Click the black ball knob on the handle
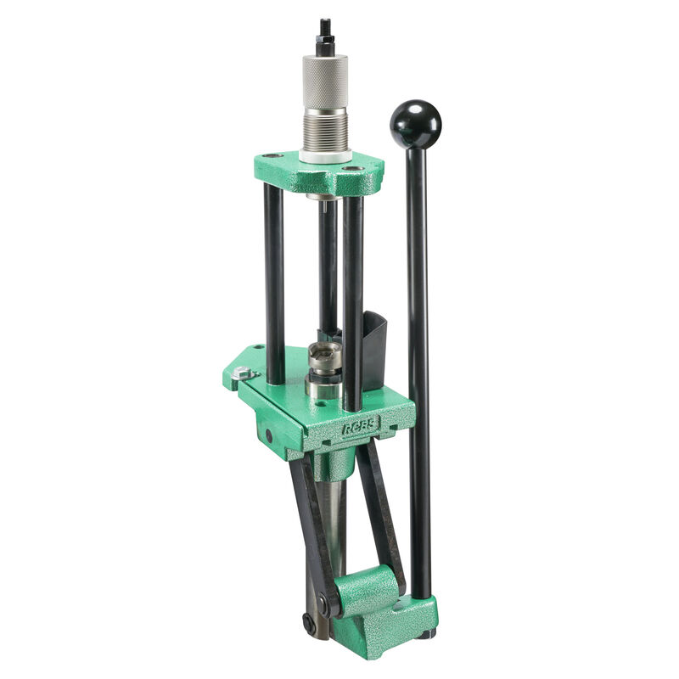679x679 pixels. point(415,125)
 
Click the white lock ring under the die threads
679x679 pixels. point(324,155)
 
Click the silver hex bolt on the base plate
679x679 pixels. point(244,373)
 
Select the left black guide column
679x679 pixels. point(274,280)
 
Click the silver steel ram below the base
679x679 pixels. point(335,518)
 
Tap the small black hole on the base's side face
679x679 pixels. point(269,435)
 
